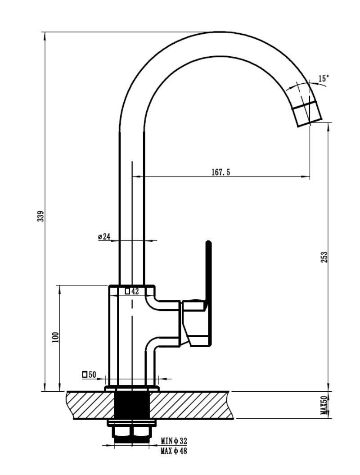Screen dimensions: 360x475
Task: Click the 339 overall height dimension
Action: pyautogui.click(x=40, y=216)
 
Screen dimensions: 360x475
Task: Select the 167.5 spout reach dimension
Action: pyautogui.click(x=220, y=172)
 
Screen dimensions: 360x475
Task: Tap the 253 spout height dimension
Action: pyautogui.click(x=324, y=257)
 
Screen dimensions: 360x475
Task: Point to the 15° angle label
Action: pyautogui.click(x=324, y=79)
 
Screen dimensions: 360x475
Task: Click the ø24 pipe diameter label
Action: pyautogui.click(x=104, y=236)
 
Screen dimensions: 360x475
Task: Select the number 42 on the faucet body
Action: pyautogui.click(x=135, y=291)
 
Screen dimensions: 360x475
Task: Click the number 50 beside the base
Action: pyautogui.click(x=92, y=375)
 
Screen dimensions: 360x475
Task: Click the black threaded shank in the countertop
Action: pyautogui.click(x=132, y=405)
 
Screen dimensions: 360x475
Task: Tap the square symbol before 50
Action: pyautogui.click(x=85, y=375)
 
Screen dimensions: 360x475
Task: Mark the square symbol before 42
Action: pyautogui.click(x=127, y=291)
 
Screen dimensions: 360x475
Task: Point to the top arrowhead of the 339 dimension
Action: pyautogui.click(x=45, y=36)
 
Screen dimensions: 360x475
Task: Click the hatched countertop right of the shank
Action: pyautogui.click(x=191, y=405)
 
